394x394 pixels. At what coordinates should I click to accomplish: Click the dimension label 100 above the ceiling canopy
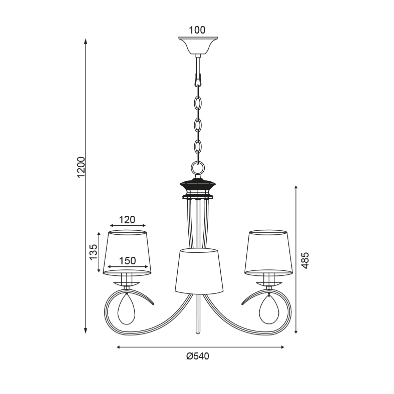tap(197, 30)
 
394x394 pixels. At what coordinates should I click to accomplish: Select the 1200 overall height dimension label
tap(81, 167)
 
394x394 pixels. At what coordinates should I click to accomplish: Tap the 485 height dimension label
tap(305, 260)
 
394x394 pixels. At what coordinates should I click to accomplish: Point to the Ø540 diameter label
tap(198, 356)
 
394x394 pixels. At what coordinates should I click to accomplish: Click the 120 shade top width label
tap(127, 220)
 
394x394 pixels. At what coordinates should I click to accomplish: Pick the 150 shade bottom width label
tap(127, 261)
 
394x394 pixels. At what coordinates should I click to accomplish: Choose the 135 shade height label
tap(93, 252)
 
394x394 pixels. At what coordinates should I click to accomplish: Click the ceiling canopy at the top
tap(198, 46)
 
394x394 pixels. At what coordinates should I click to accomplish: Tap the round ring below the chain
tap(198, 168)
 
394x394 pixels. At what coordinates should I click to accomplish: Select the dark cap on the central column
tap(198, 185)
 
